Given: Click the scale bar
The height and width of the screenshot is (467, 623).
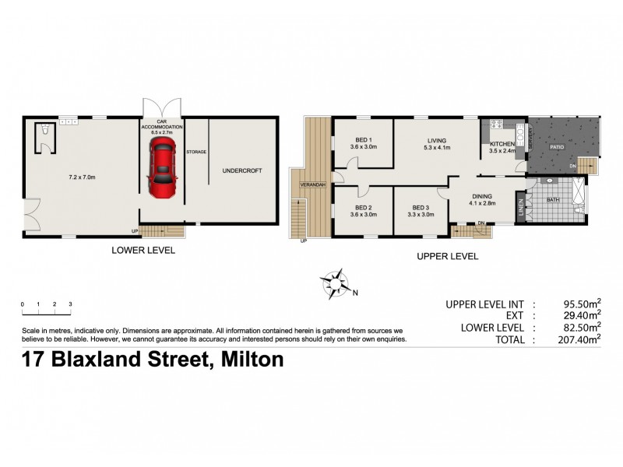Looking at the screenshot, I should click(x=47, y=313).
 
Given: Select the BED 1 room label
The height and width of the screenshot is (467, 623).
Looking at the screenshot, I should click(x=364, y=142).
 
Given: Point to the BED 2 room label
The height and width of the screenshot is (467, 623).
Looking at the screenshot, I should click(x=364, y=208).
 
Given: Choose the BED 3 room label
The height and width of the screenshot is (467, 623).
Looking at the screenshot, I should click(x=421, y=208).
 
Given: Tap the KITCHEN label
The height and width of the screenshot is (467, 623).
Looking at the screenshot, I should click(x=501, y=145).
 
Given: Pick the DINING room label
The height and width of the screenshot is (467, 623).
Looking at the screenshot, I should click(x=482, y=196).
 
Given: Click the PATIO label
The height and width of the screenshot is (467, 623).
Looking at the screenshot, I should click(x=557, y=146).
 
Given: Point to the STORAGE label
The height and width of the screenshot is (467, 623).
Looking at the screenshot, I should click(x=196, y=152).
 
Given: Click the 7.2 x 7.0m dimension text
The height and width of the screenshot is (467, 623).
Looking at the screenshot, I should click(x=79, y=177).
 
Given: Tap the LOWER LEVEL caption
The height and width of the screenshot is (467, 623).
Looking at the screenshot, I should click(x=143, y=251).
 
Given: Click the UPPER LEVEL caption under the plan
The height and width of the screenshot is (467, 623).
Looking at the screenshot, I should click(x=447, y=255).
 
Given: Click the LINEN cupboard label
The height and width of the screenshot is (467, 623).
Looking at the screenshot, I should click(x=520, y=206).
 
